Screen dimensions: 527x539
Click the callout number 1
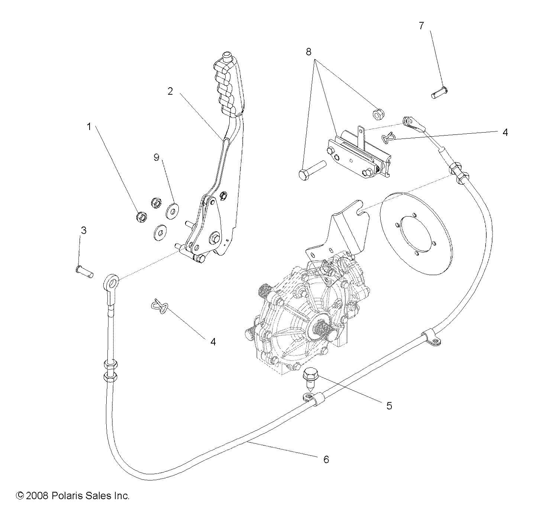click(88, 127)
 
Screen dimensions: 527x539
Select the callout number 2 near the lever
click(170, 91)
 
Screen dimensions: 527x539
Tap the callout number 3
click(84, 230)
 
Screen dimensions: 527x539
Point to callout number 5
click(389, 406)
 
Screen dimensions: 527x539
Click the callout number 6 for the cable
click(326, 459)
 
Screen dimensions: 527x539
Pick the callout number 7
click(421, 26)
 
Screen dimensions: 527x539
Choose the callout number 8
click(308, 52)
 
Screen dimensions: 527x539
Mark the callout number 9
click(156, 157)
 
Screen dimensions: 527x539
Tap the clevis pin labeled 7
click(440, 92)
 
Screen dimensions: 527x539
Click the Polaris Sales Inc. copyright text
click(73, 495)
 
